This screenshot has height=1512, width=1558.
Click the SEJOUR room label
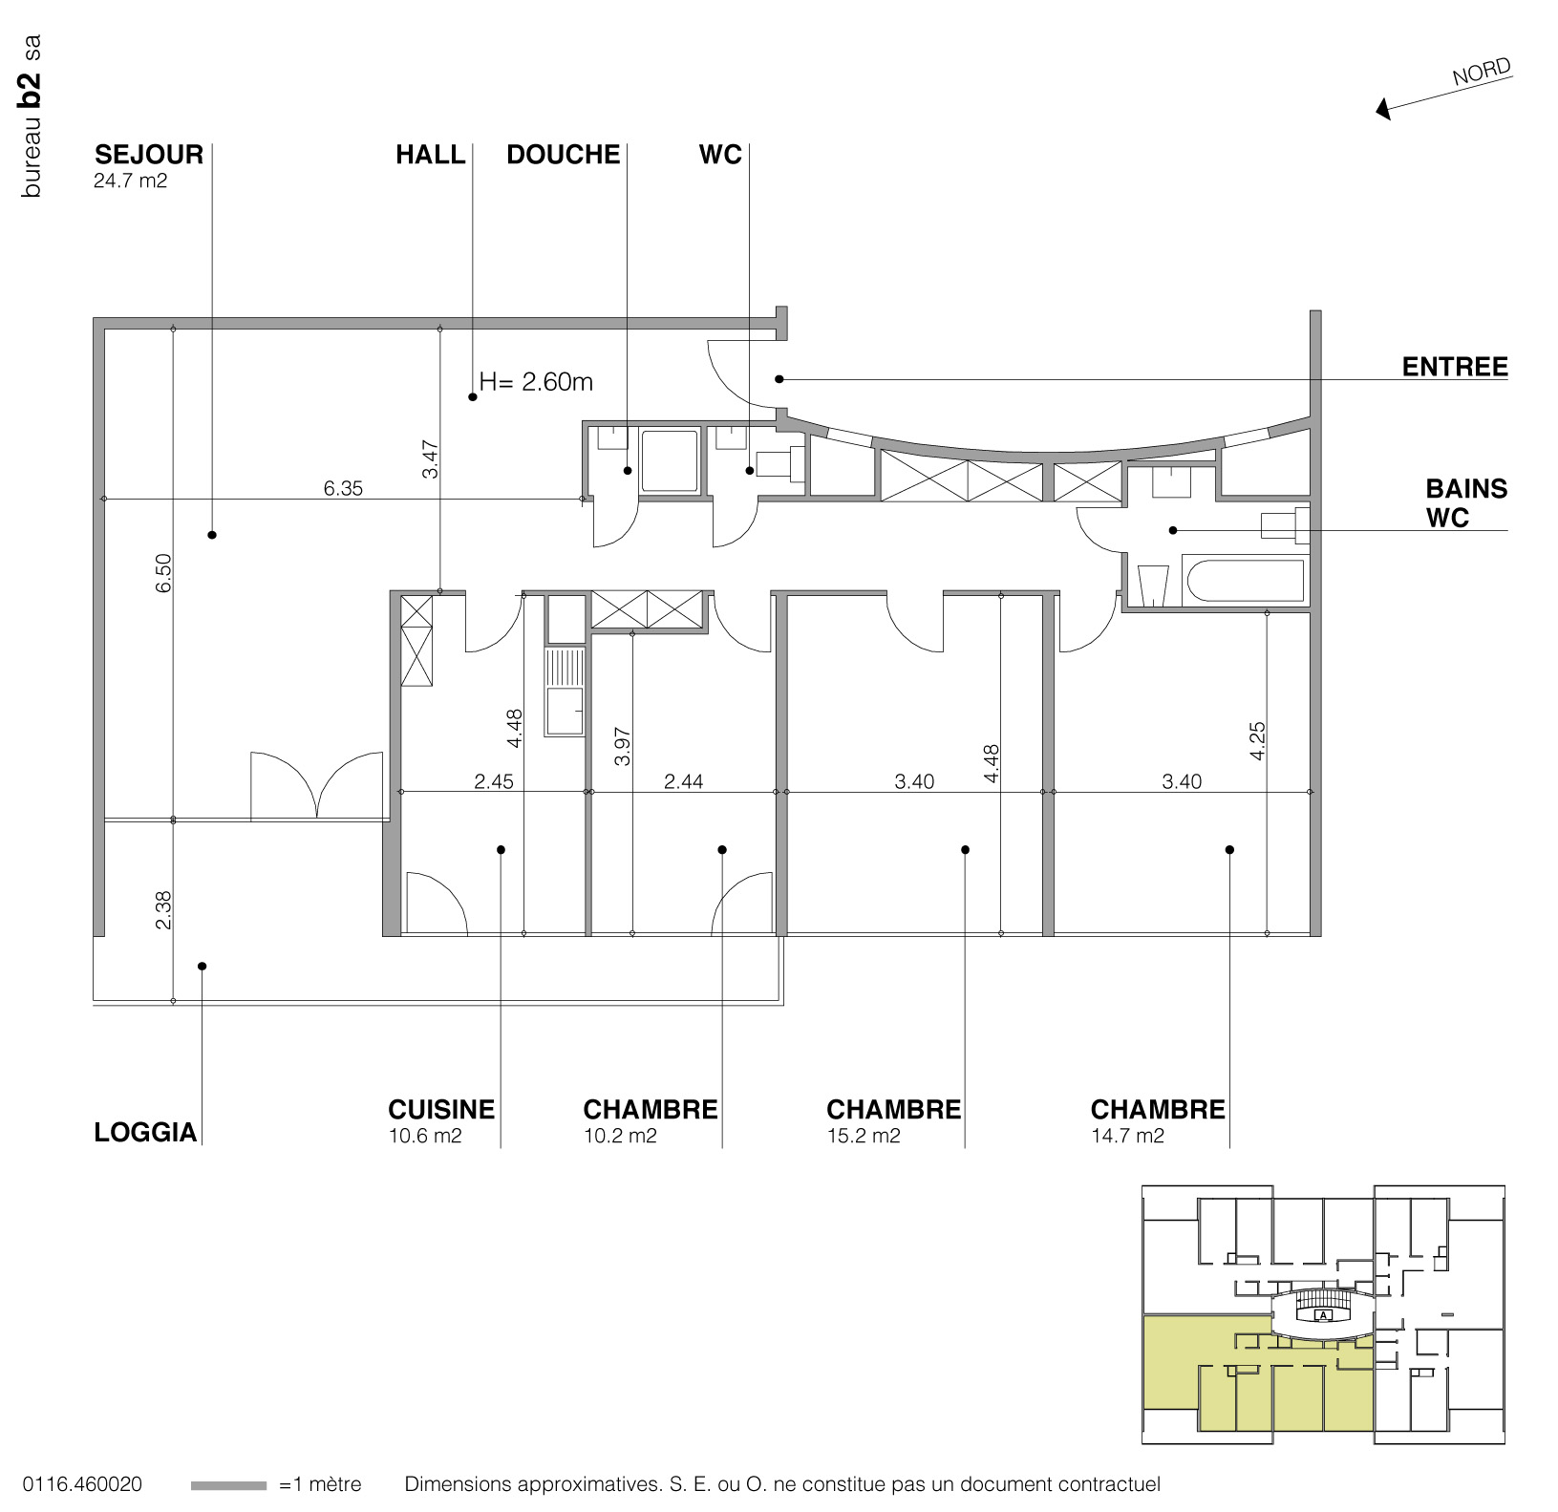[149, 155]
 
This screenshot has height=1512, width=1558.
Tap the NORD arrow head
[1382, 110]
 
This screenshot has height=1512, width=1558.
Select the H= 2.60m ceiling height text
[536, 382]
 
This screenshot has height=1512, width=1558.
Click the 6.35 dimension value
[343, 488]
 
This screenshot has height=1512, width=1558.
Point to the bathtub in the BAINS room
[1244, 581]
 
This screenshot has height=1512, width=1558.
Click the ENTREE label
[1454, 367]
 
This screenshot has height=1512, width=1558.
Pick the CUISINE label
[441, 1109]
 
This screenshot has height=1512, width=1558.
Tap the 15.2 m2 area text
[864, 1136]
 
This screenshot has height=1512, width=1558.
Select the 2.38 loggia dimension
[163, 909]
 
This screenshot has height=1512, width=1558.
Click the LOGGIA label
[145, 1132]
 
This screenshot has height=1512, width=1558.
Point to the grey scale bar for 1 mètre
[228, 1485]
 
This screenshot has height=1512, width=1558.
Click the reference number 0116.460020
[82, 1484]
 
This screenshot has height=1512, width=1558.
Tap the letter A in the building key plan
[1323, 1315]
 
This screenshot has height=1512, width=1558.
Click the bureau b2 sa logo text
[32, 117]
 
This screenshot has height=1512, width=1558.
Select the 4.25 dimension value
[1257, 740]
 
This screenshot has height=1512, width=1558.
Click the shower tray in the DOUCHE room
[669, 461]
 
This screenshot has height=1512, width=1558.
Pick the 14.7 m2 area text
[1127, 1136]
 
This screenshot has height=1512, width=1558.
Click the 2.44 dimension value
[684, 781]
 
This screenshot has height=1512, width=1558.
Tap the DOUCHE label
[563, 155]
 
